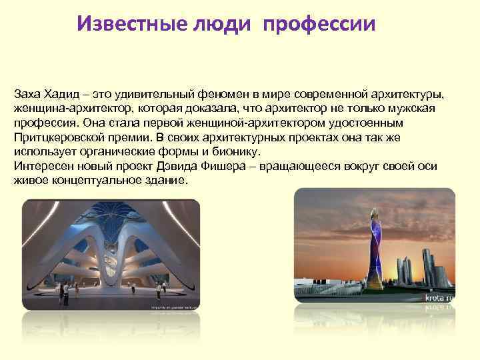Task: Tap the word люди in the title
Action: [221, 24]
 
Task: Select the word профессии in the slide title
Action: [319, 24]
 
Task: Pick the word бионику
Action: [223, 152]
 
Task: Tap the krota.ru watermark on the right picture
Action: [440, 299]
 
